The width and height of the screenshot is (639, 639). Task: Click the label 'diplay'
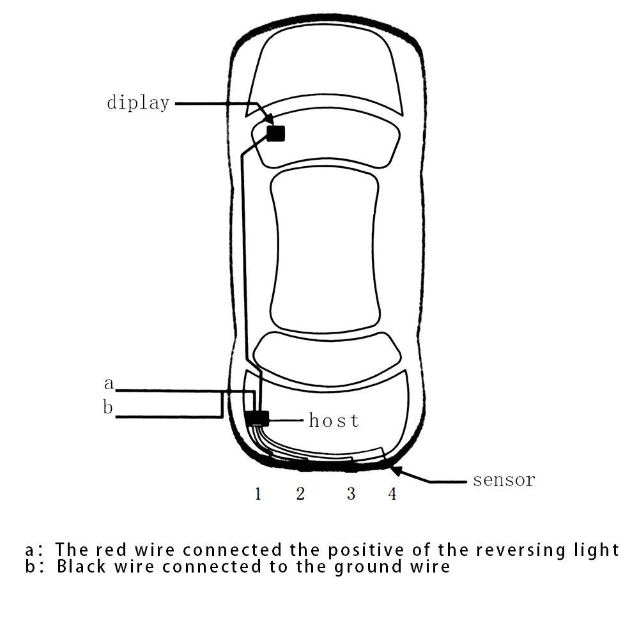pyautogui.click(x=138, y=103)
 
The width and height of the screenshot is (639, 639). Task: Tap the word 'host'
pyautogui.click(x=334, y=420)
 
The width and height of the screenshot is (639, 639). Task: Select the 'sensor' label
pyautogui.click(x=504, y=480)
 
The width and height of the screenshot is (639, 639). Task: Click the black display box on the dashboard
pyautogui.click(x=275, y=133)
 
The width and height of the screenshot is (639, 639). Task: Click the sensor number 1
pyautogui.click(x=258, y=493)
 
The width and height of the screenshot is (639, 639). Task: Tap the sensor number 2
pyautogui.click(x=300, y=493)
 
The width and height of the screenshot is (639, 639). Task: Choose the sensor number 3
pyautogui.click(x=351, y=493)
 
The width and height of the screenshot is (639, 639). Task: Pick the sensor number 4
pyautogui.click(x=392, y=493)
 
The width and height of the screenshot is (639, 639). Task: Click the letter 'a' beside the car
pyautogui.click(x=109, y=384)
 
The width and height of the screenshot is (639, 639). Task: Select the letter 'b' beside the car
pyautogui.click(x=108, y=407)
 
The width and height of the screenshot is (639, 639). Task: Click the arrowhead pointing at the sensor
pyautogui.click(x=396, y=472)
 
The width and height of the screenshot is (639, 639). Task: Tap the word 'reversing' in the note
pyautogui.click(x=519, y=550)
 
